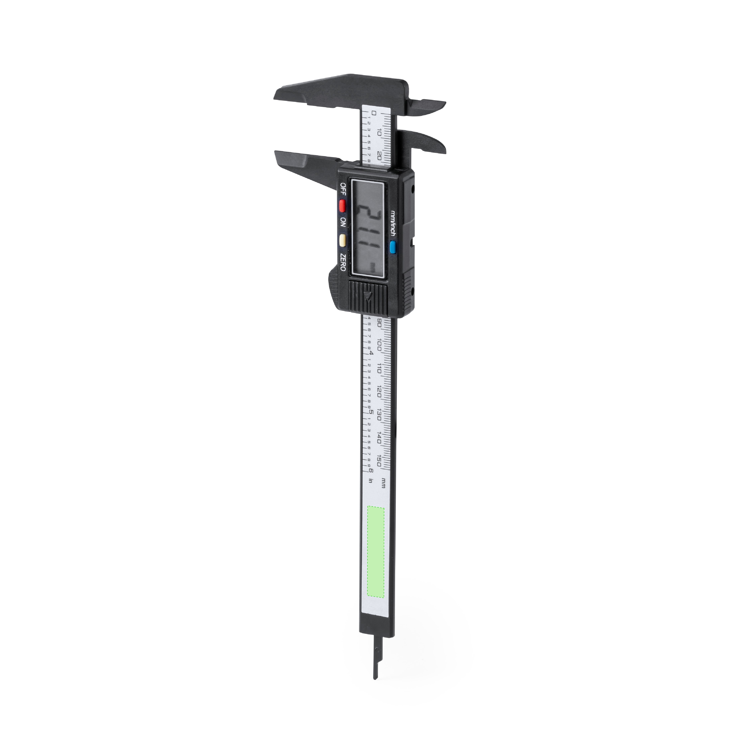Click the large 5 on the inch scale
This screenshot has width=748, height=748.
click(x=371, y=412)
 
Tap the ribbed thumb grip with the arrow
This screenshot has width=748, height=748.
click(x=367, y=297)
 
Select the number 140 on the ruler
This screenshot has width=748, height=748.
click(x=379, y=438)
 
